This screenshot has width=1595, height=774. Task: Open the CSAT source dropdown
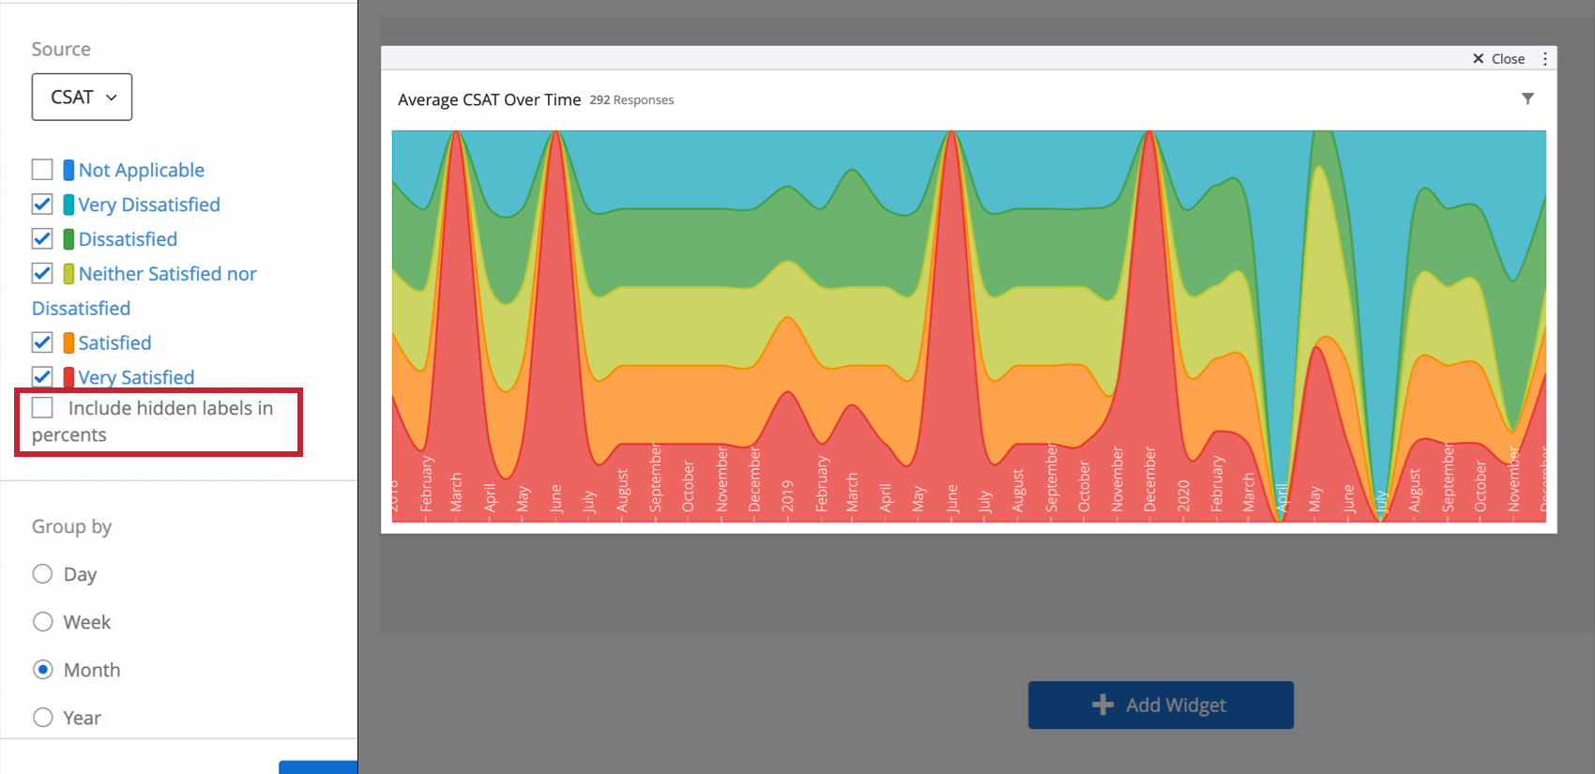click(x=82, y=97)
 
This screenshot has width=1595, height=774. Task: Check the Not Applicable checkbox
click(x=42, y=170)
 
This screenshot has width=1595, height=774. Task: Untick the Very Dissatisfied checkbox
click(x=42, y=205)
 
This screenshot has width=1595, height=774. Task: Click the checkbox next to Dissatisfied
click(x=42, y=239)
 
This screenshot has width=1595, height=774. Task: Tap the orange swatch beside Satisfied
click(x=68, y=342)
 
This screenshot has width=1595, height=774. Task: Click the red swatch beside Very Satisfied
click(x=68, y=377)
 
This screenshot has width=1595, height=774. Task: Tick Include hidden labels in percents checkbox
click(x=42, y=408)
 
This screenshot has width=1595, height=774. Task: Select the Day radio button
click(x=42, y=574)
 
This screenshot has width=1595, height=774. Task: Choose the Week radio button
click(x=42, y=622)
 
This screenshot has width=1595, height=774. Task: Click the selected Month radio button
click(x=42, y=670)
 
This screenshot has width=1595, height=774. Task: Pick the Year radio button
click(x=42, y=718)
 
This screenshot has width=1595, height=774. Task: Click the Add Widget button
click(x=1161, y=705)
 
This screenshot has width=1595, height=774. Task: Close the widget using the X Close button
click(x=1498, y=58)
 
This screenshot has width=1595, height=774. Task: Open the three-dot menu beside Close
click(x=1545, y=58)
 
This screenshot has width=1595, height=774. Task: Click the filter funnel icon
click(x=1527, y=99)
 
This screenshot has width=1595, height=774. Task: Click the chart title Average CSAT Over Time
click(x=489, y=99)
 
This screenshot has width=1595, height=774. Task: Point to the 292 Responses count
click(x=631, y=100)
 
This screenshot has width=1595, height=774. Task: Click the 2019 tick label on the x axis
click(x=787, y=495)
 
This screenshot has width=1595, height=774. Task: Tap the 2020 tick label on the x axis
click(x=1183, y=495)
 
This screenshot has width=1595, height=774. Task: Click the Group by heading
click(x=71, y=526)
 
